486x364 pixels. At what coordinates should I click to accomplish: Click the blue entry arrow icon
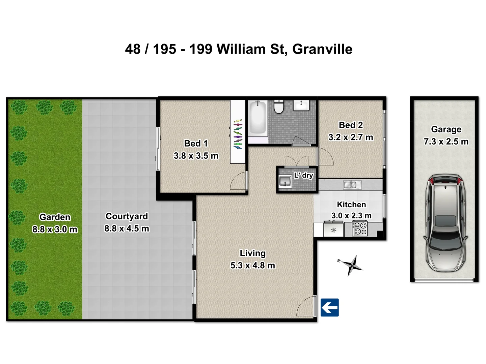point(329,307)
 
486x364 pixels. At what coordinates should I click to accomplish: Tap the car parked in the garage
point(446,223)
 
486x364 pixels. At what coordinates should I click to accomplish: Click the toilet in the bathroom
point(279,107)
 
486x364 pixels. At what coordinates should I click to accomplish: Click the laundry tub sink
point(285,181)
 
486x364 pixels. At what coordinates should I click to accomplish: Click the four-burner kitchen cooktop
point(360,229)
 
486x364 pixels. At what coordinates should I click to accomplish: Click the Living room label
point(252,253)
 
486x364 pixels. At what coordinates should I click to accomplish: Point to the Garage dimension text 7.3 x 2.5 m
point(446,142)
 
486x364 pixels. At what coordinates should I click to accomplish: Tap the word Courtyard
point(127,216)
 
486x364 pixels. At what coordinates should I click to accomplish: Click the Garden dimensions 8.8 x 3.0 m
point(55,229)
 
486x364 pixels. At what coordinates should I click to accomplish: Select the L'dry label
point(303,175)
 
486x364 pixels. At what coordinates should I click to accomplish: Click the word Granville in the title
point(322,49)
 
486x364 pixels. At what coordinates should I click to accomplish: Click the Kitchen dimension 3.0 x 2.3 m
point(351,215)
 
